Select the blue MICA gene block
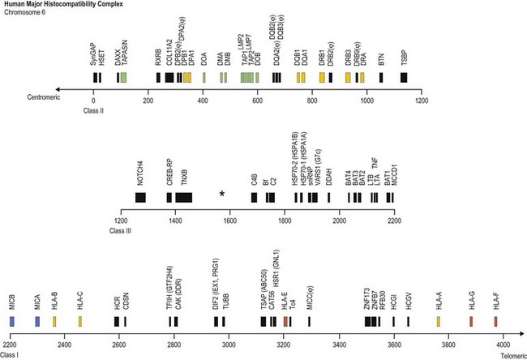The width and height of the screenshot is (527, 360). (x=37, y=321)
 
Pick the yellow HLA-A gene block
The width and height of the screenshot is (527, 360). (x=439, y=321)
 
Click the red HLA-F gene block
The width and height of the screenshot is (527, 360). (x=494, y=321)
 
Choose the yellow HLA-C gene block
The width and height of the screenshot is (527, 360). (x=80, y=321)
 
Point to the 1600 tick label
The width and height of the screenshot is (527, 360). (x=229, y=221)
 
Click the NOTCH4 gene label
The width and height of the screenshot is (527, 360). (x=142, y=174)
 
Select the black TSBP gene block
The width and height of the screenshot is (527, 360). (x=404, y=77)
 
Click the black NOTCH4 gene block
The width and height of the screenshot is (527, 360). (x=142, y=197)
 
